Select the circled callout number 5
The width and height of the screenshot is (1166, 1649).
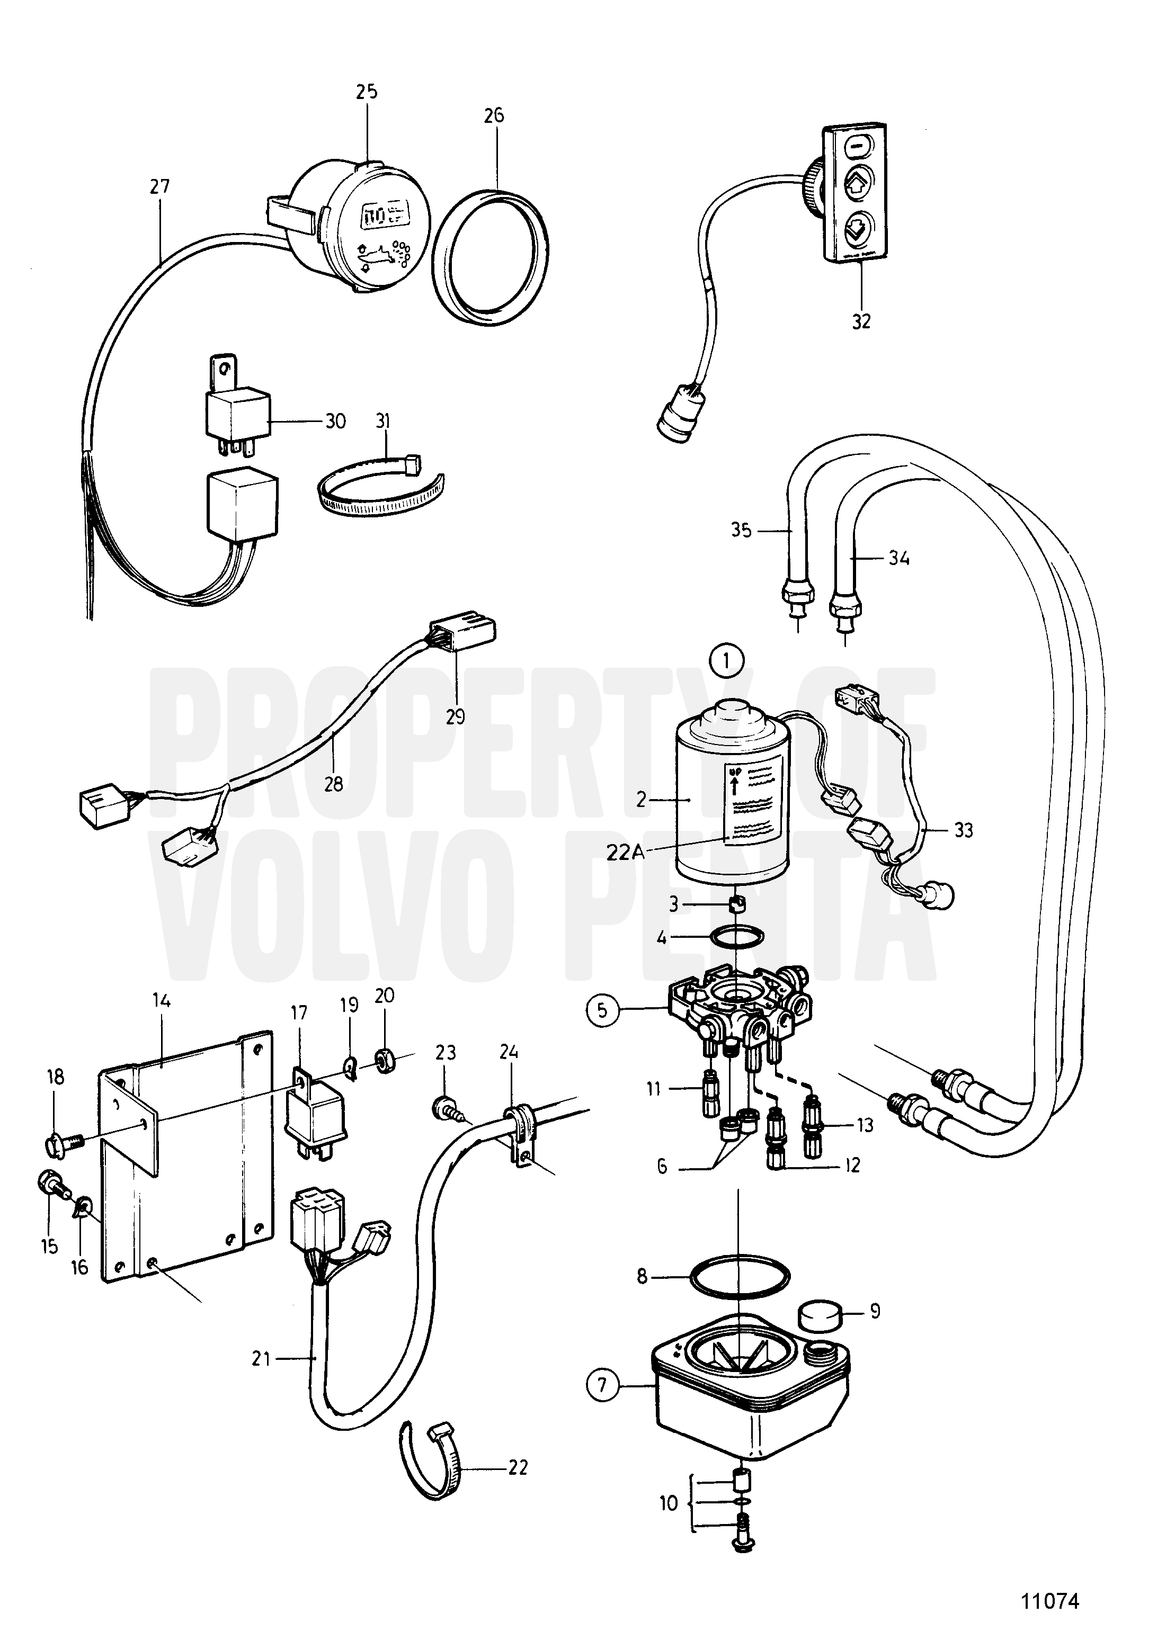(x=602, y=1010)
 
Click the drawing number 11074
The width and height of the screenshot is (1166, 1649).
(x=1051, y=1601)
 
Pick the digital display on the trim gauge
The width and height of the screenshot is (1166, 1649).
(x=383, y=215)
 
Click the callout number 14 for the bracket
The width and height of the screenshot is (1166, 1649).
(x=161, y=1000)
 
